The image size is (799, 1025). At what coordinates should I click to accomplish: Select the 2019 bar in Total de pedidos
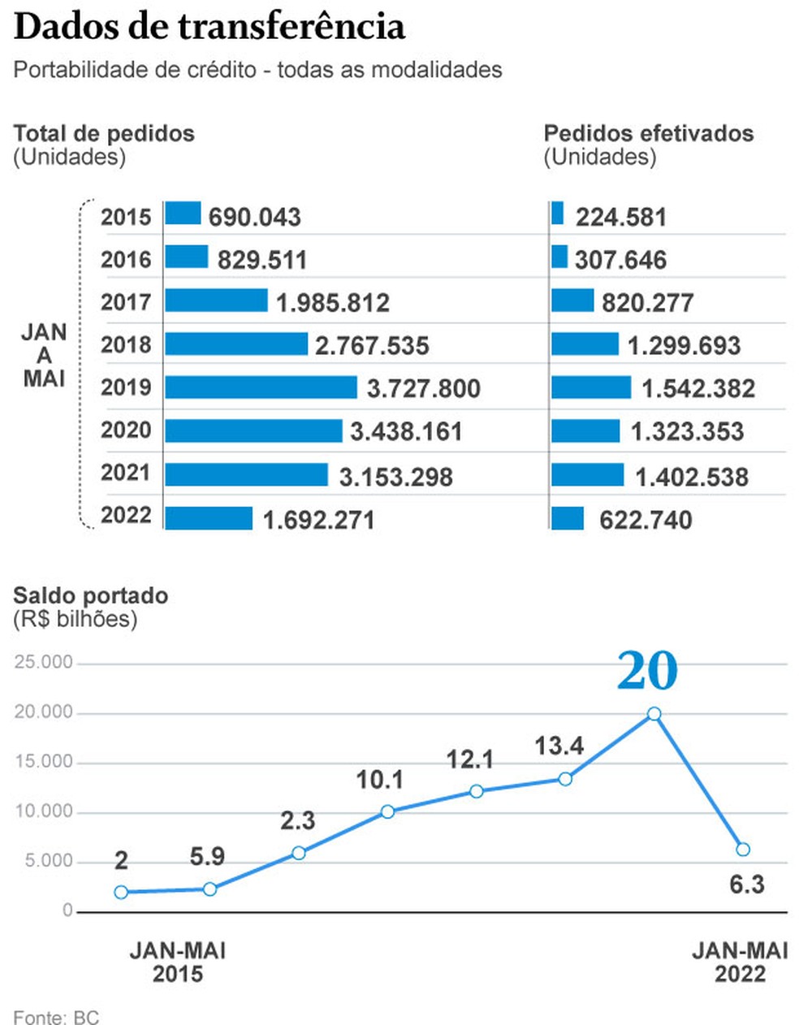261,387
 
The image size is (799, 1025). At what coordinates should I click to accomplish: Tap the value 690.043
254,217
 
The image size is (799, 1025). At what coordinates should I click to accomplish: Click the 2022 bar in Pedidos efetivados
568,518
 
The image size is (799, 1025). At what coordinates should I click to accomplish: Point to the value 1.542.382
698,388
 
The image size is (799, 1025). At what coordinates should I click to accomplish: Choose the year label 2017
126,302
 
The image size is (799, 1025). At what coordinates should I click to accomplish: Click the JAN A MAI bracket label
44,355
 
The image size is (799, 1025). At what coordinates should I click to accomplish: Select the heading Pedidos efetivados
648,133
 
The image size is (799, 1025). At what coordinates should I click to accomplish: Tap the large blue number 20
646,671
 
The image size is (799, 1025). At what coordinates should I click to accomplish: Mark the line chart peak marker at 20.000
654,714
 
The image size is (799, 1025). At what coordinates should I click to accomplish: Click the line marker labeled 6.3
742,850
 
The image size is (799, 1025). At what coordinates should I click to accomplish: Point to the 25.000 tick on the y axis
44,663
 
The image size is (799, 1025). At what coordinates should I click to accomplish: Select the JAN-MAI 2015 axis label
177,962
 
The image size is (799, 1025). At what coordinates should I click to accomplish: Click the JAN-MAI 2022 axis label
740,962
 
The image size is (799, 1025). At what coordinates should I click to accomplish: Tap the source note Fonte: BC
56,1017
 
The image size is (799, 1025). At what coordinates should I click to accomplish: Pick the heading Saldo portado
90,595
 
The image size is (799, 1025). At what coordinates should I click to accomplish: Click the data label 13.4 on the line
559,746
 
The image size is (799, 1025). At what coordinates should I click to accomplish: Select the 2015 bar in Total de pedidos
183,213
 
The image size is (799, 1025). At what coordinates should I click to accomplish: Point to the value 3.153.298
395,476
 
